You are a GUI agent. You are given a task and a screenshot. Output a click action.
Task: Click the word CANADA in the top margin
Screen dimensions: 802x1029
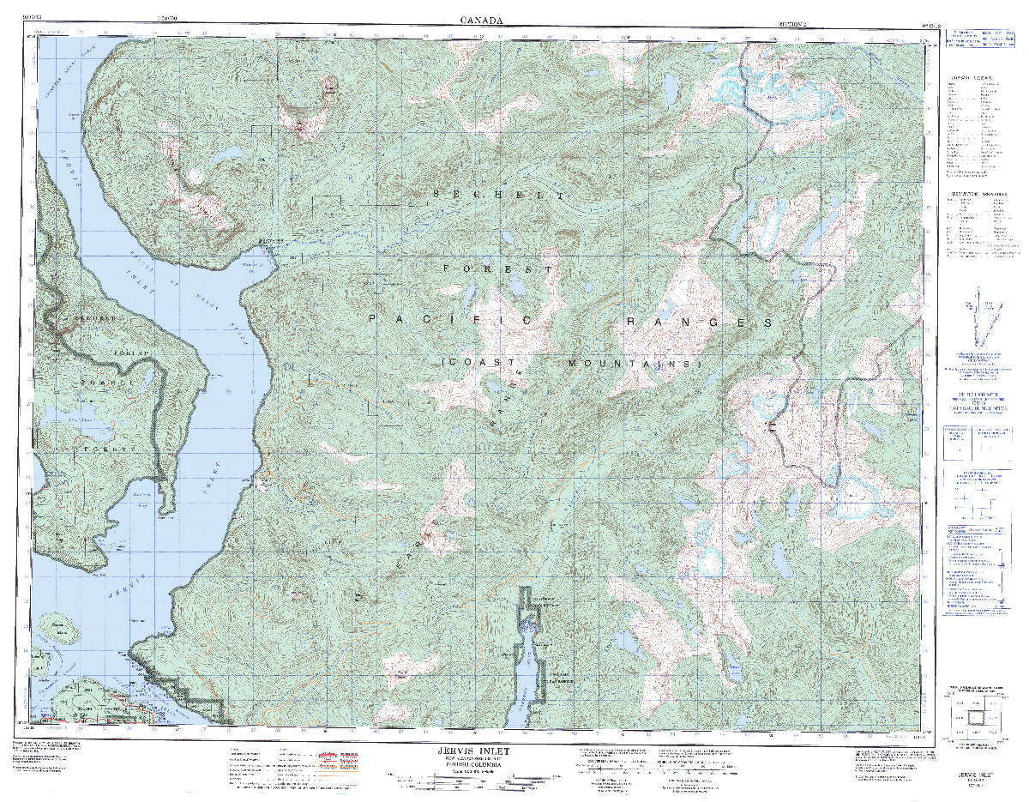(482, 19)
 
